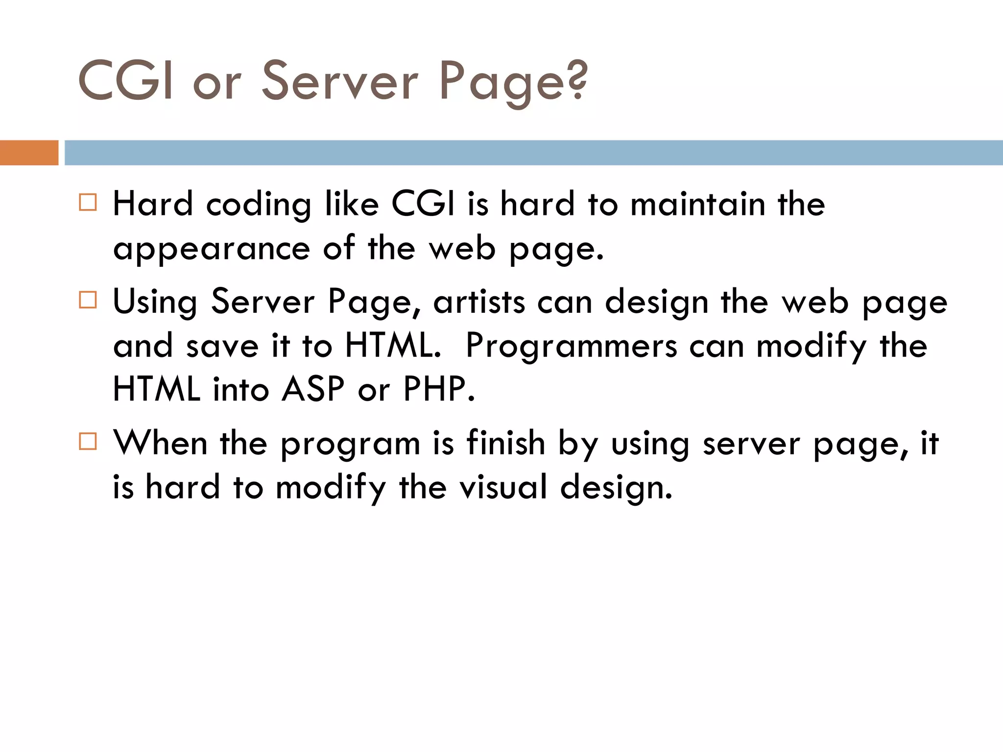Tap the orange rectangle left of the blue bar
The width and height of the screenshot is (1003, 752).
click(x=29, y=153)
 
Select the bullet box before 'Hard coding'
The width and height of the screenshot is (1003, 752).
click(x=88, y=202)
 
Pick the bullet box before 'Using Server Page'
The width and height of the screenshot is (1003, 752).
click(x=88, y=300)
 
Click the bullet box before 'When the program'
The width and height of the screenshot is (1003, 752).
click(x=88, y=441)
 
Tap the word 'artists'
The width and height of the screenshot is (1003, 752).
click(x=479, y=302)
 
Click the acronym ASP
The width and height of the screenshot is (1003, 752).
click(x=313, y=389)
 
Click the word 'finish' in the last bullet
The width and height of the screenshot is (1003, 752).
click(x=505, y=443)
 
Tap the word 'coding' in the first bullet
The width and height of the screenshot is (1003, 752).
click(x=259, y=205)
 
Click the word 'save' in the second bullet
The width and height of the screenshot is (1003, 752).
click(x=222, y=347)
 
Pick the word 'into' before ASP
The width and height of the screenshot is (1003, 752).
click(x=240, y=390)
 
